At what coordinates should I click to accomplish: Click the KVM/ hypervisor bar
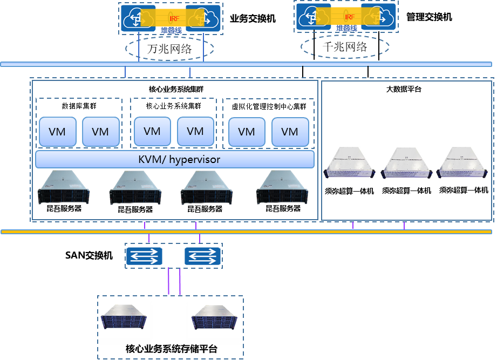click(174, 160)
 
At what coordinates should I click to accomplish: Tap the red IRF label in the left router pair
click(174, 18)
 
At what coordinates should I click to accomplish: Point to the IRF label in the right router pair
click(349, 17)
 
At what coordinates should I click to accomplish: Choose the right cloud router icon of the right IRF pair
click(379, 17)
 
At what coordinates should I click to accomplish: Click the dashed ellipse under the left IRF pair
click(170, 49)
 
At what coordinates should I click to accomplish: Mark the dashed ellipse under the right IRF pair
click(345, 47)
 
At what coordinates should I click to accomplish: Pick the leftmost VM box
click(57, 132)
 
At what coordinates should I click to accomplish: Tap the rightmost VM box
click(290, 132)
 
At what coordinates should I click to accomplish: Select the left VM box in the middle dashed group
click(152, 131)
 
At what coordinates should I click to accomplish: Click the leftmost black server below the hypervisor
click(64, 187)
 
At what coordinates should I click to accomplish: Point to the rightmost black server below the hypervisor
click(282, 187)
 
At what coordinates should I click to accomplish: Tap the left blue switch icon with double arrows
click(144, 256)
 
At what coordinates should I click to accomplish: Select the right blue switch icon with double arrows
click(203, 256)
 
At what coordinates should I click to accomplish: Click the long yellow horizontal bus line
click(246, 232)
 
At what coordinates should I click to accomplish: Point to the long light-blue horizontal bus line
click(246, 64)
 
